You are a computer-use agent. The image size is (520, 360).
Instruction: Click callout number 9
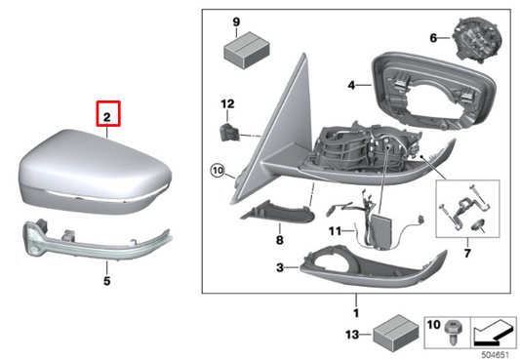pos(237,20)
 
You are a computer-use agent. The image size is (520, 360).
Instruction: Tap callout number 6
pos(434,39)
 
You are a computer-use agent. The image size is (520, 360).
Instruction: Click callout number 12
pos(226,102)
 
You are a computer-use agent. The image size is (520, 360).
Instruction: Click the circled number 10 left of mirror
pos(217,174)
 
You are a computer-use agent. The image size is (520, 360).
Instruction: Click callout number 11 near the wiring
pos(335,231)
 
